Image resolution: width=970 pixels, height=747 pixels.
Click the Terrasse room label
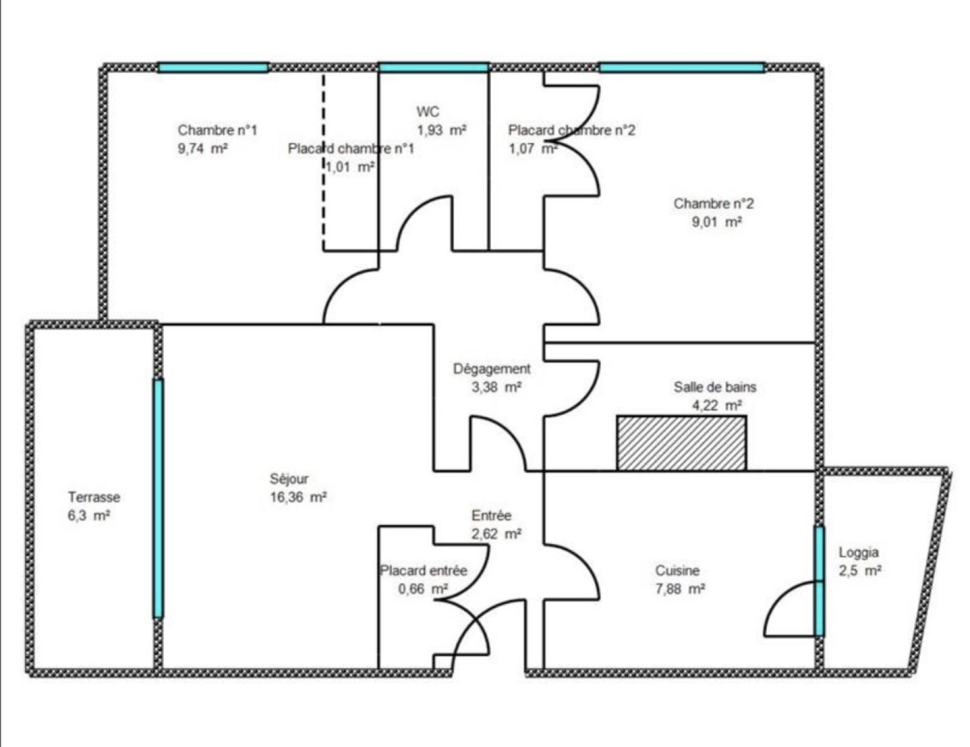(94, 497)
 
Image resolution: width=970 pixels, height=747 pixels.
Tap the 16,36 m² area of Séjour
(298, 497)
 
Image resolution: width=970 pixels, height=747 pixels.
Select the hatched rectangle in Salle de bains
(681, 443)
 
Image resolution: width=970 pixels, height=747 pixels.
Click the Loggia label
(859, 552)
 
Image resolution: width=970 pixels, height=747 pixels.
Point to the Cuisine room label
(678, 571)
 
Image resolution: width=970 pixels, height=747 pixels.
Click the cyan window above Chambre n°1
(213, 68)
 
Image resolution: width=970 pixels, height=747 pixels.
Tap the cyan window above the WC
(433, 68)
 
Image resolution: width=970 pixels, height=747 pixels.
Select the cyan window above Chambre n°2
(681, 68)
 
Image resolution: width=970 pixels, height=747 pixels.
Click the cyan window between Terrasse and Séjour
(158, 498)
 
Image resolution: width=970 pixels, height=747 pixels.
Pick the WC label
(427, 112)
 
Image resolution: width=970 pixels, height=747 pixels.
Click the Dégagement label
(492, 369)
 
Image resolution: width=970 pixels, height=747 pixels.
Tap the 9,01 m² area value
(717, 222)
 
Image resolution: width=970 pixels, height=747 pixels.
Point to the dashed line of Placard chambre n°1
(324, 161)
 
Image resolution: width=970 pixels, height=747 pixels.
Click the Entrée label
(492, 515)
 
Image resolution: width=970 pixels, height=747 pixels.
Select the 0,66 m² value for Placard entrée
(423, 589)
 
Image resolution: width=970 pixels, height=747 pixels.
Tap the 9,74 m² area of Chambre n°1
(202, 149)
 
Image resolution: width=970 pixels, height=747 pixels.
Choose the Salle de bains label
(715, 387)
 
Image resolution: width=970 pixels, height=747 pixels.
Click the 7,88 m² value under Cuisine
(680, 589)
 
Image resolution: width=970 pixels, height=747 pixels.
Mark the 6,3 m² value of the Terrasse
(89, 515)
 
